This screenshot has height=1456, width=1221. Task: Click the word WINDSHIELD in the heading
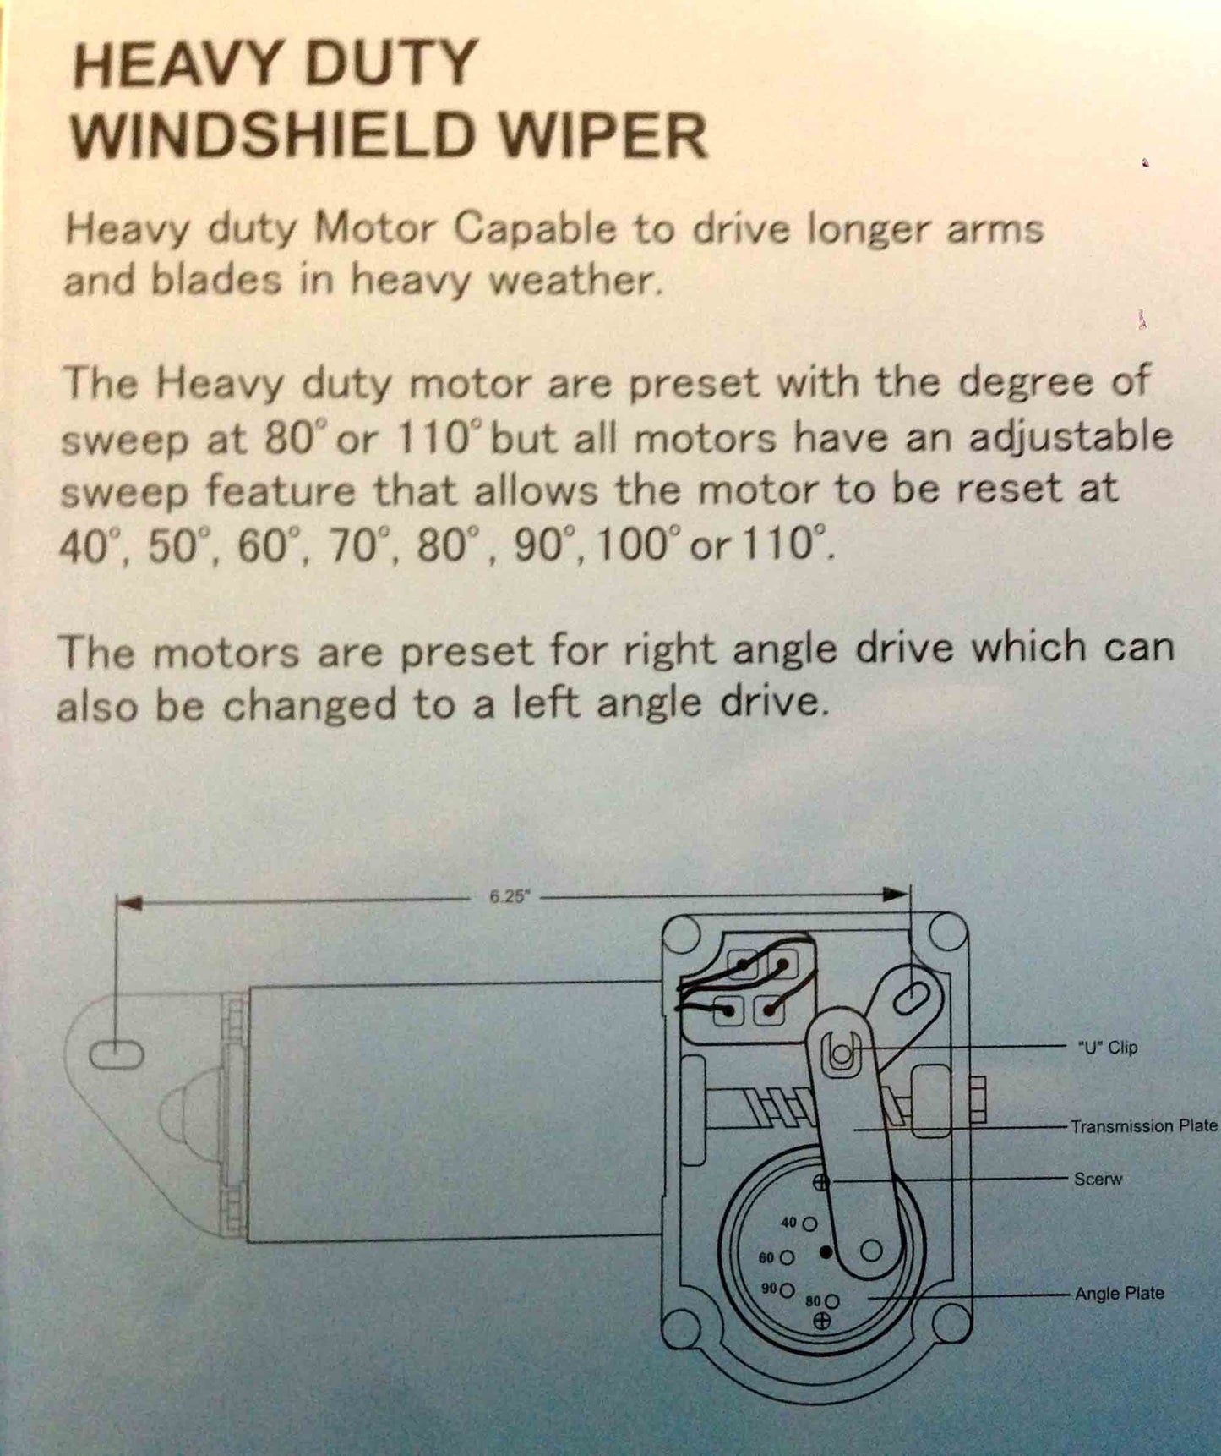[x=270, y=135]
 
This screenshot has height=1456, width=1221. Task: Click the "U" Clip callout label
[x=1108, y=1047]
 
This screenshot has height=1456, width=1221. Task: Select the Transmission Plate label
[x=1143, y=1126]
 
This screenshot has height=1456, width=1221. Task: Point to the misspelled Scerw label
[x=1098, y=1179]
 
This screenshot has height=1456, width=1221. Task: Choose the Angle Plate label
[x=1119, y=1293]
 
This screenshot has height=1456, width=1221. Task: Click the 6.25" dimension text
[x=509, y=897]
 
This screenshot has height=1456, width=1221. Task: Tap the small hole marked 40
[x=809, y=1223]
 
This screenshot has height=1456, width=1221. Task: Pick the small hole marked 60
[x=787, y=1257]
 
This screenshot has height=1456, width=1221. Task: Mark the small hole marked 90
[x=787, y=1290]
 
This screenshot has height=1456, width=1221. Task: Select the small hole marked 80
[x=831, y=1301]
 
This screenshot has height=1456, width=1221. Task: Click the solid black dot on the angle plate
[x=826, y=1251]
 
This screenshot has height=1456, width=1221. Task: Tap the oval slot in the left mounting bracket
[x=117, y=1054]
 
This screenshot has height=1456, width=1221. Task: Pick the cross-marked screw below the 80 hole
[x=821, y=1321]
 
